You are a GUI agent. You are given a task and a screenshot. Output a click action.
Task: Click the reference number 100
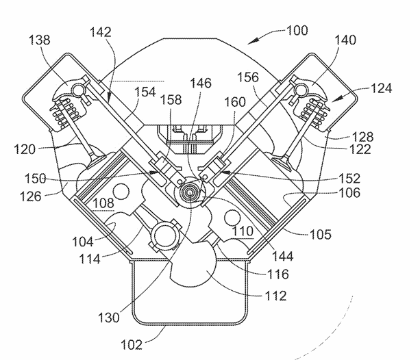[x=297, y=31]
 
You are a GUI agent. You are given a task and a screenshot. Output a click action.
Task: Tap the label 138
[x=39, y=40]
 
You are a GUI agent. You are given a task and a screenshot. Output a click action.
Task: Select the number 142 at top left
[x=101, y=32]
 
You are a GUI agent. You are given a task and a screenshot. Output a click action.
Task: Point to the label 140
[x=345, y=40]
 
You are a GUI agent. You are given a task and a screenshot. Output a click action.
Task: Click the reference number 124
[x=382, y=88]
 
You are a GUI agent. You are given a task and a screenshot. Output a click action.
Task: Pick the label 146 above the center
[x=201, y=83]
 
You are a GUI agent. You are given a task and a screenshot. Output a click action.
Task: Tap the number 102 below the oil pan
[x=132, y=345]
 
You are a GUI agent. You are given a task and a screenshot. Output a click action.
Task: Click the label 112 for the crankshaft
[x=275, y=296]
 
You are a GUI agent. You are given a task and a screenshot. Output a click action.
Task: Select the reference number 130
[x=109, y=318]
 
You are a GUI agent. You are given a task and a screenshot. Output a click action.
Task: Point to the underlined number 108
[x=103, y=203]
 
